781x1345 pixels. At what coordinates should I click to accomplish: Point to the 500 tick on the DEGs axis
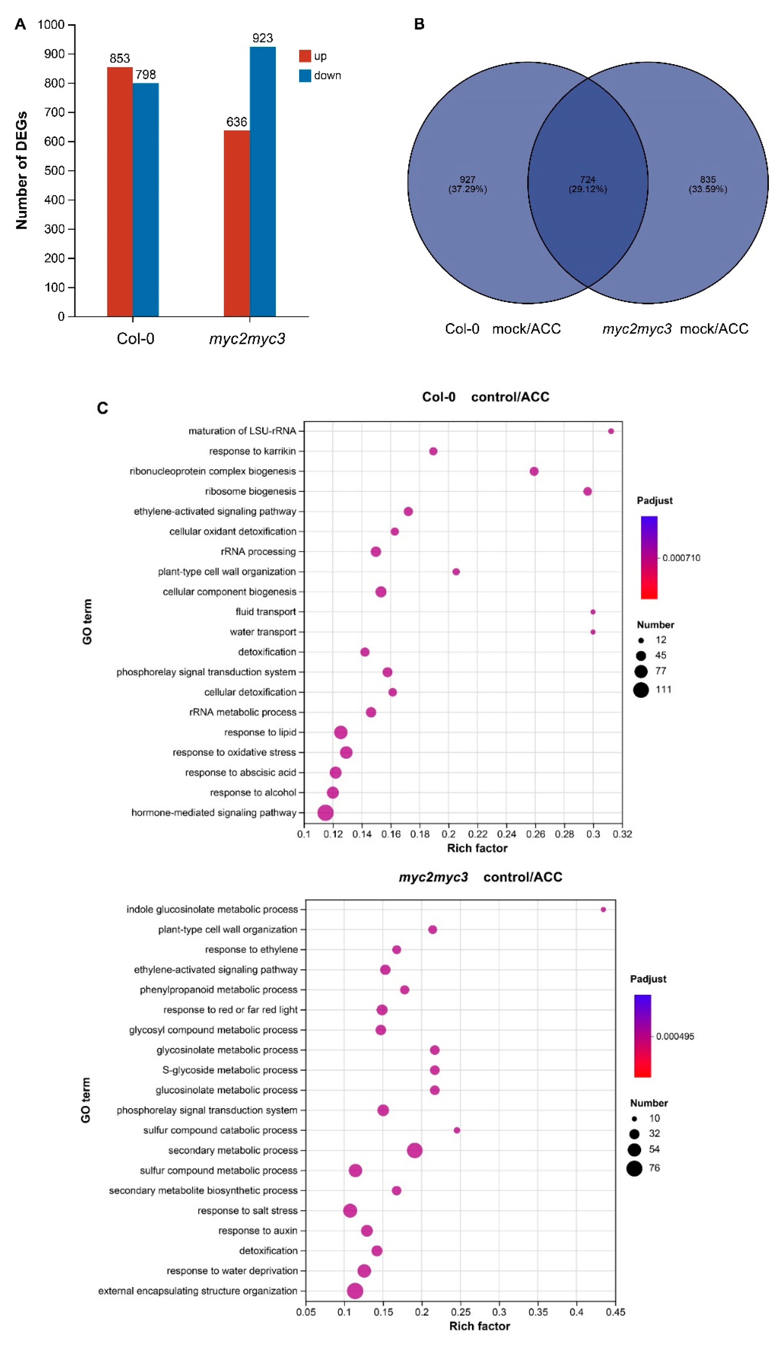(x=54, y=171)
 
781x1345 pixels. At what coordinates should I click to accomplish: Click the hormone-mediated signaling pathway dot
(x=325, y=812)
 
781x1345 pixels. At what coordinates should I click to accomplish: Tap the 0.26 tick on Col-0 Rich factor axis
(x=535, y=834)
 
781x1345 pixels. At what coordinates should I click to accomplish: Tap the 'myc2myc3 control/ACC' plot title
(x=480, y=877)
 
